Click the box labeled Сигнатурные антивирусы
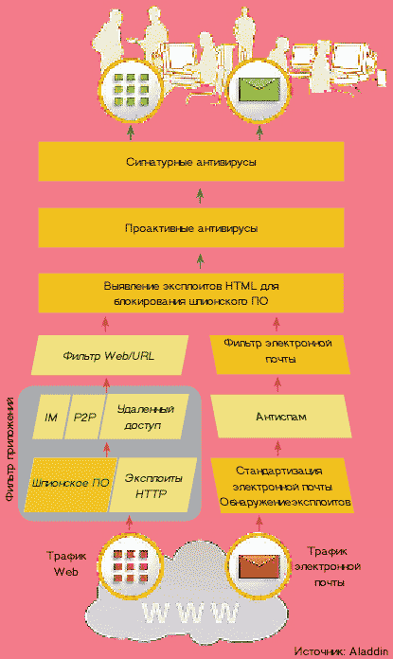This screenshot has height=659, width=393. (191, 161)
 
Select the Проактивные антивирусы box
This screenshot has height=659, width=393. (191, 228)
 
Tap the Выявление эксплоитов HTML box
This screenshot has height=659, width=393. (191, 294)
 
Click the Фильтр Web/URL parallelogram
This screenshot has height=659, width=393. (109, 356)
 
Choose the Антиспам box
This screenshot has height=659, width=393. (280, 417)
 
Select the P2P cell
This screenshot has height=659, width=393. (85, 417)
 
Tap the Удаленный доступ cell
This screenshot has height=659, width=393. (143, 417)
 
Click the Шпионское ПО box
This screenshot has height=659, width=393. (70, 484)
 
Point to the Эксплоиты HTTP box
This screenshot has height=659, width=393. (153, 485)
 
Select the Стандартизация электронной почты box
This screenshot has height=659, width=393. (281, 486)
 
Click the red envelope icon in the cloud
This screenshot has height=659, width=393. (259, 565)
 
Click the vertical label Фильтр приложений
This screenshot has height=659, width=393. (9, 449)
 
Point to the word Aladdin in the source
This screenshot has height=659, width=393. (368, 651)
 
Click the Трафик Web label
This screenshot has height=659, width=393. (66, 563)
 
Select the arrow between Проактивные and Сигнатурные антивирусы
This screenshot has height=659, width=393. (200, 195)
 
